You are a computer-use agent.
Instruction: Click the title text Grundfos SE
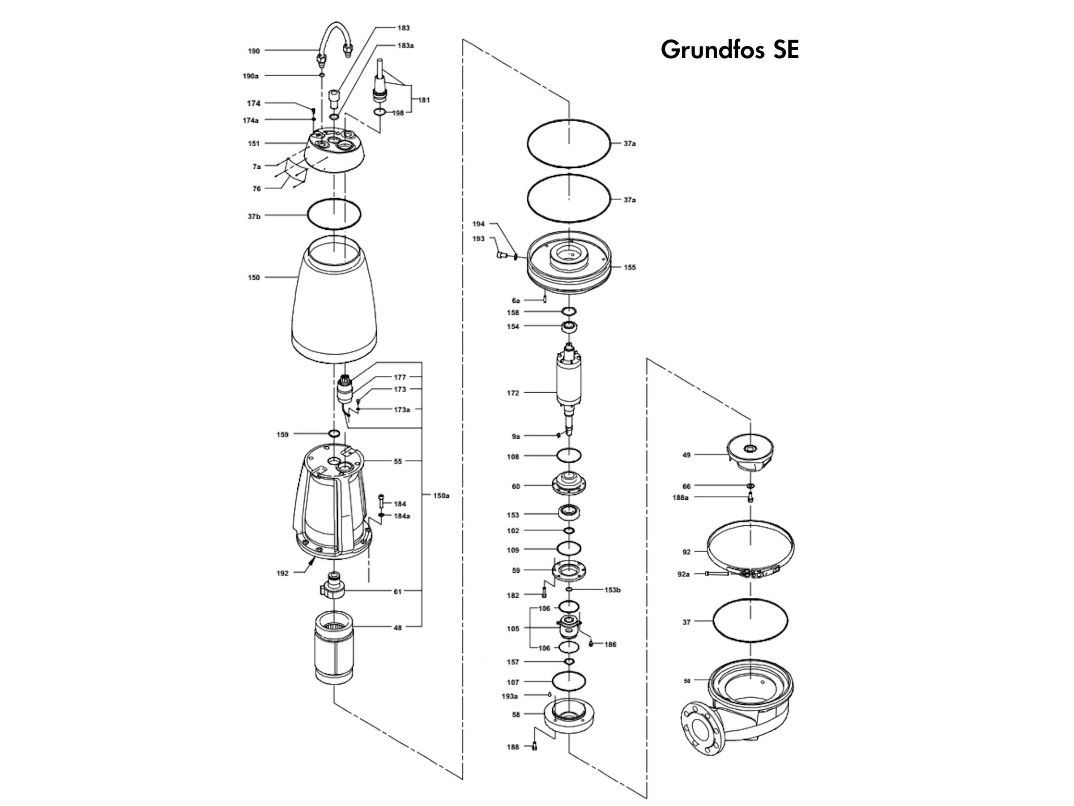[729, 50]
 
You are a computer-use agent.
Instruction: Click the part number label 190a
[251, 76]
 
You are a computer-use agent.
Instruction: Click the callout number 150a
[441, 496]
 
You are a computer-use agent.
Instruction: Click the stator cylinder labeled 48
[334, 647]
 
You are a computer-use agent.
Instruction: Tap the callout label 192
[282, 573]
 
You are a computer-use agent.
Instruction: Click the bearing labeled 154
[569, 327]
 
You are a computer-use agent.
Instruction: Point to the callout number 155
[630, 267]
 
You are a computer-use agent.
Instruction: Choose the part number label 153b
[612, 590]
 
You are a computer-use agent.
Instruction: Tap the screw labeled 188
[535, 747]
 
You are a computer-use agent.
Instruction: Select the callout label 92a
[683, 574]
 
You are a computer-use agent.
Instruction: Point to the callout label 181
[424, 100]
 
